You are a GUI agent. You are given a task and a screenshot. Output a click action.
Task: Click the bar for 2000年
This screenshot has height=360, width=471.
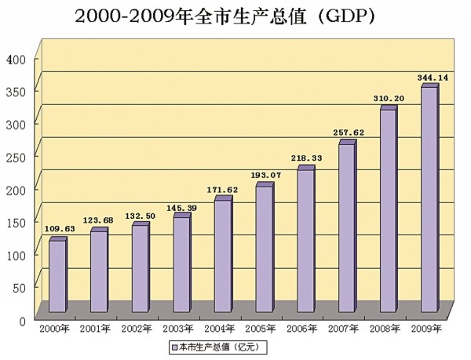coord(57,278)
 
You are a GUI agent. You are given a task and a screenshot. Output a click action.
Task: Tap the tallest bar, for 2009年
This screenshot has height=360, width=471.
coord(428,200)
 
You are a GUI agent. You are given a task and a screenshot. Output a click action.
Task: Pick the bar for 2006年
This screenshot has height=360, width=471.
coord(305,239)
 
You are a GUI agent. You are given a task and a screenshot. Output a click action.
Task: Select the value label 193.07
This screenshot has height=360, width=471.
coord(264,175)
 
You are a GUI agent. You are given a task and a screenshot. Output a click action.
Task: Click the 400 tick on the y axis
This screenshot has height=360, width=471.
coord(16,59)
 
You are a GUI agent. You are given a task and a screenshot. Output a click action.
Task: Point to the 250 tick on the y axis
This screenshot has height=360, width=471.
coord(16,157)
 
